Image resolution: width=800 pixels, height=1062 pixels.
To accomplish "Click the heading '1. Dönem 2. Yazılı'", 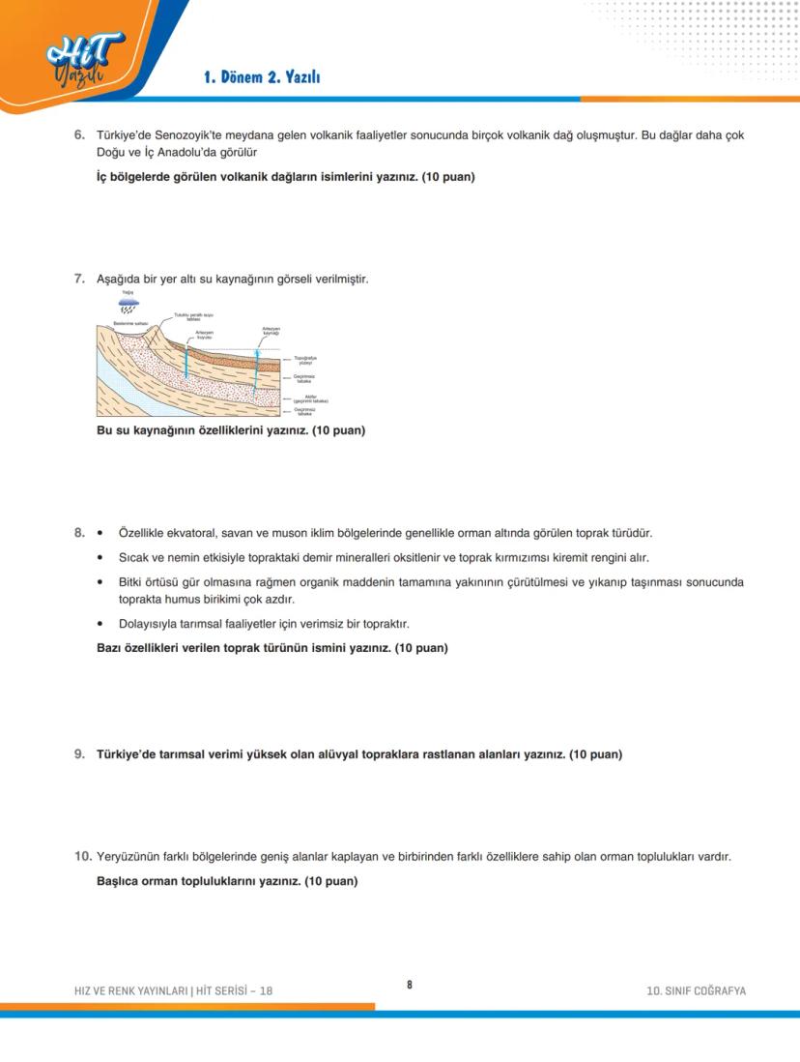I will coord(262,77).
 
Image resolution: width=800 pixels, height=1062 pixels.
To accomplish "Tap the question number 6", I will coord(80,135).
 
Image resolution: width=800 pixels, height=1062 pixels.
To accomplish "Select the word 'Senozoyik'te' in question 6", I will coord(188,135).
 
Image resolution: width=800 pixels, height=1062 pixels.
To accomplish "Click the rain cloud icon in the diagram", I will coord(129,303).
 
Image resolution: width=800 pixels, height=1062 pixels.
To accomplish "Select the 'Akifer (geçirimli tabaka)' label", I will coord(310,398).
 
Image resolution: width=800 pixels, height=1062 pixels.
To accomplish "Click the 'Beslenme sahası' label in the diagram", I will coord(129,323).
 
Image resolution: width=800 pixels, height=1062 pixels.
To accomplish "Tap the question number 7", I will coord(80,280).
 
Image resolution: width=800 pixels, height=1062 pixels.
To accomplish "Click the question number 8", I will coord(80,533).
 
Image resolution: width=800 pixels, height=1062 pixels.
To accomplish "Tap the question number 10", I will coord(83,857).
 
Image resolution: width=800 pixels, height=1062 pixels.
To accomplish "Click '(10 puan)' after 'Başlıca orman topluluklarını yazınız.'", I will coord(330,881).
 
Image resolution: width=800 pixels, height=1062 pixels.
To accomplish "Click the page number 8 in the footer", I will coord(409,985).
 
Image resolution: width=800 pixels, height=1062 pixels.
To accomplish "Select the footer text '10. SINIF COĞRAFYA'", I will coord(696,990).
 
